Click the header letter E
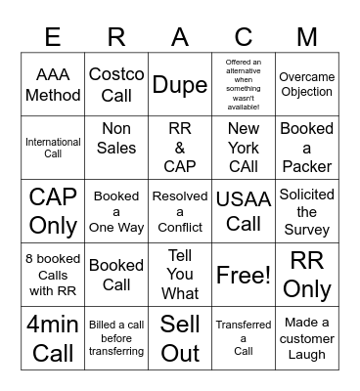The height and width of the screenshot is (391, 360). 53,37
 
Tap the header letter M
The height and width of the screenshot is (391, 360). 307,37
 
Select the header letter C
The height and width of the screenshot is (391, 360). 244,37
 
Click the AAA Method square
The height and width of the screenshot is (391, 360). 53,84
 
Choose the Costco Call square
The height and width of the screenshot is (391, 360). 116,84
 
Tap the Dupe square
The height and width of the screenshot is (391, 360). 180,84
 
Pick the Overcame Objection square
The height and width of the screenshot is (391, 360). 307,84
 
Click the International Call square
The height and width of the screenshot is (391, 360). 53,148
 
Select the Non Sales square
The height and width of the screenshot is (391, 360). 116,148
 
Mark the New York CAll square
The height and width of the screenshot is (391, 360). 244,148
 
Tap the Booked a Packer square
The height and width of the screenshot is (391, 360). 307,148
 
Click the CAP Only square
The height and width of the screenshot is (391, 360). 53,211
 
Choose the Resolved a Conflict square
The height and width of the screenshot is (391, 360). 180,211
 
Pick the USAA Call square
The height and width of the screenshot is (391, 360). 244,211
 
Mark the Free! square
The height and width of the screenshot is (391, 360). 244,275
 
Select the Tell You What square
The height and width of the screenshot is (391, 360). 180,275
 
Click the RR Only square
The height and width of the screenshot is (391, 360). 307,275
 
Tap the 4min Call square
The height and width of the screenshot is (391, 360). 53,338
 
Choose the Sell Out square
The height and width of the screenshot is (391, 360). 180,338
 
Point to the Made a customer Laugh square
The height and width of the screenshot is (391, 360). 307,338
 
